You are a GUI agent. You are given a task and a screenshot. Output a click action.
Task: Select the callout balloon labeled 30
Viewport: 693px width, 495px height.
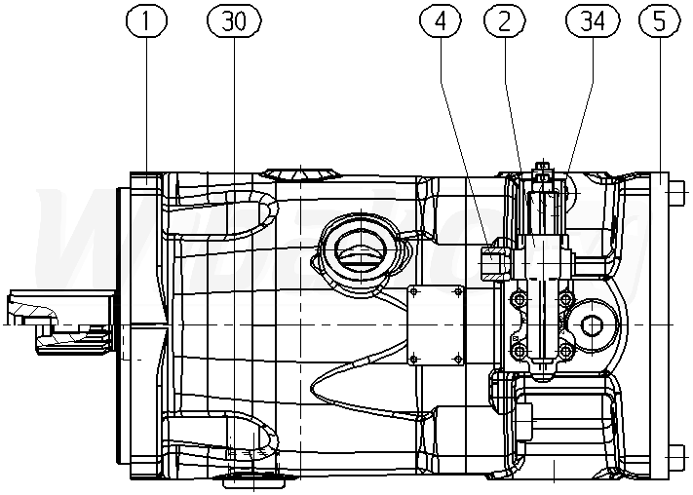[x=234, y=21]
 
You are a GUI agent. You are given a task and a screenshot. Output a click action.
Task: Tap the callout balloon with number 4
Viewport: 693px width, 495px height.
[x=442, y=21]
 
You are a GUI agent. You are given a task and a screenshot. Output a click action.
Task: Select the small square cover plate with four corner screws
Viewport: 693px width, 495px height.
[x=435, y=324]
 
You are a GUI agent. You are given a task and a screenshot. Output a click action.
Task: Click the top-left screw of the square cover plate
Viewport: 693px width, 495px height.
[x=414, y=289]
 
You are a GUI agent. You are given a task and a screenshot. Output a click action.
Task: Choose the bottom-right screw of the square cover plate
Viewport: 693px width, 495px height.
[x=456, y=357]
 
